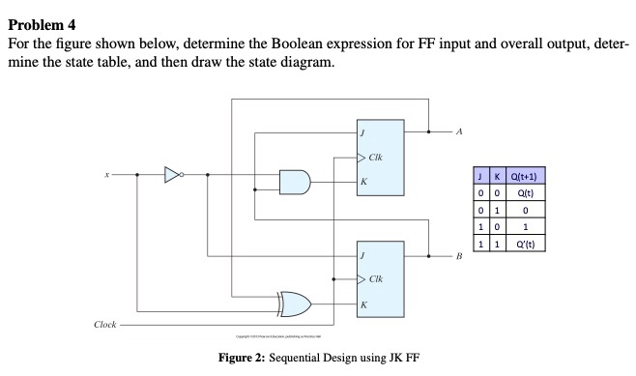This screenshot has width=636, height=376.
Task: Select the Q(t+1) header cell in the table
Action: [x=531, y=176]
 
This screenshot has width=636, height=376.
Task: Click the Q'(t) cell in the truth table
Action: [x=531, y=244]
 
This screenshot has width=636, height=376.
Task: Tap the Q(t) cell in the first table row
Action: [x=531, y=192]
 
